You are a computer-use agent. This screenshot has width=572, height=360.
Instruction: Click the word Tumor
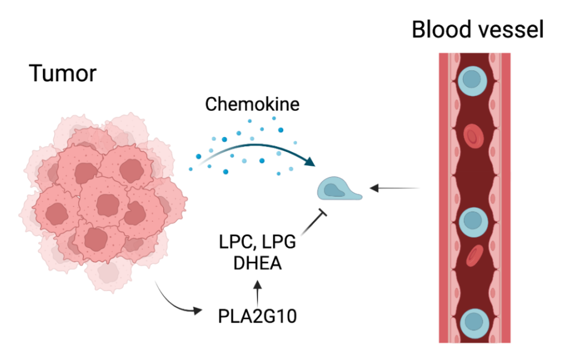pyautogui.click(x=63, y=73)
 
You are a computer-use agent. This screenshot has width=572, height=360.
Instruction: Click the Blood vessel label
pyautogui.click(x=477, y=30)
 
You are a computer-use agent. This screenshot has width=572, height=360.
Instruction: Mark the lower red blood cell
pyautogui.click(x=474, y=255)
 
